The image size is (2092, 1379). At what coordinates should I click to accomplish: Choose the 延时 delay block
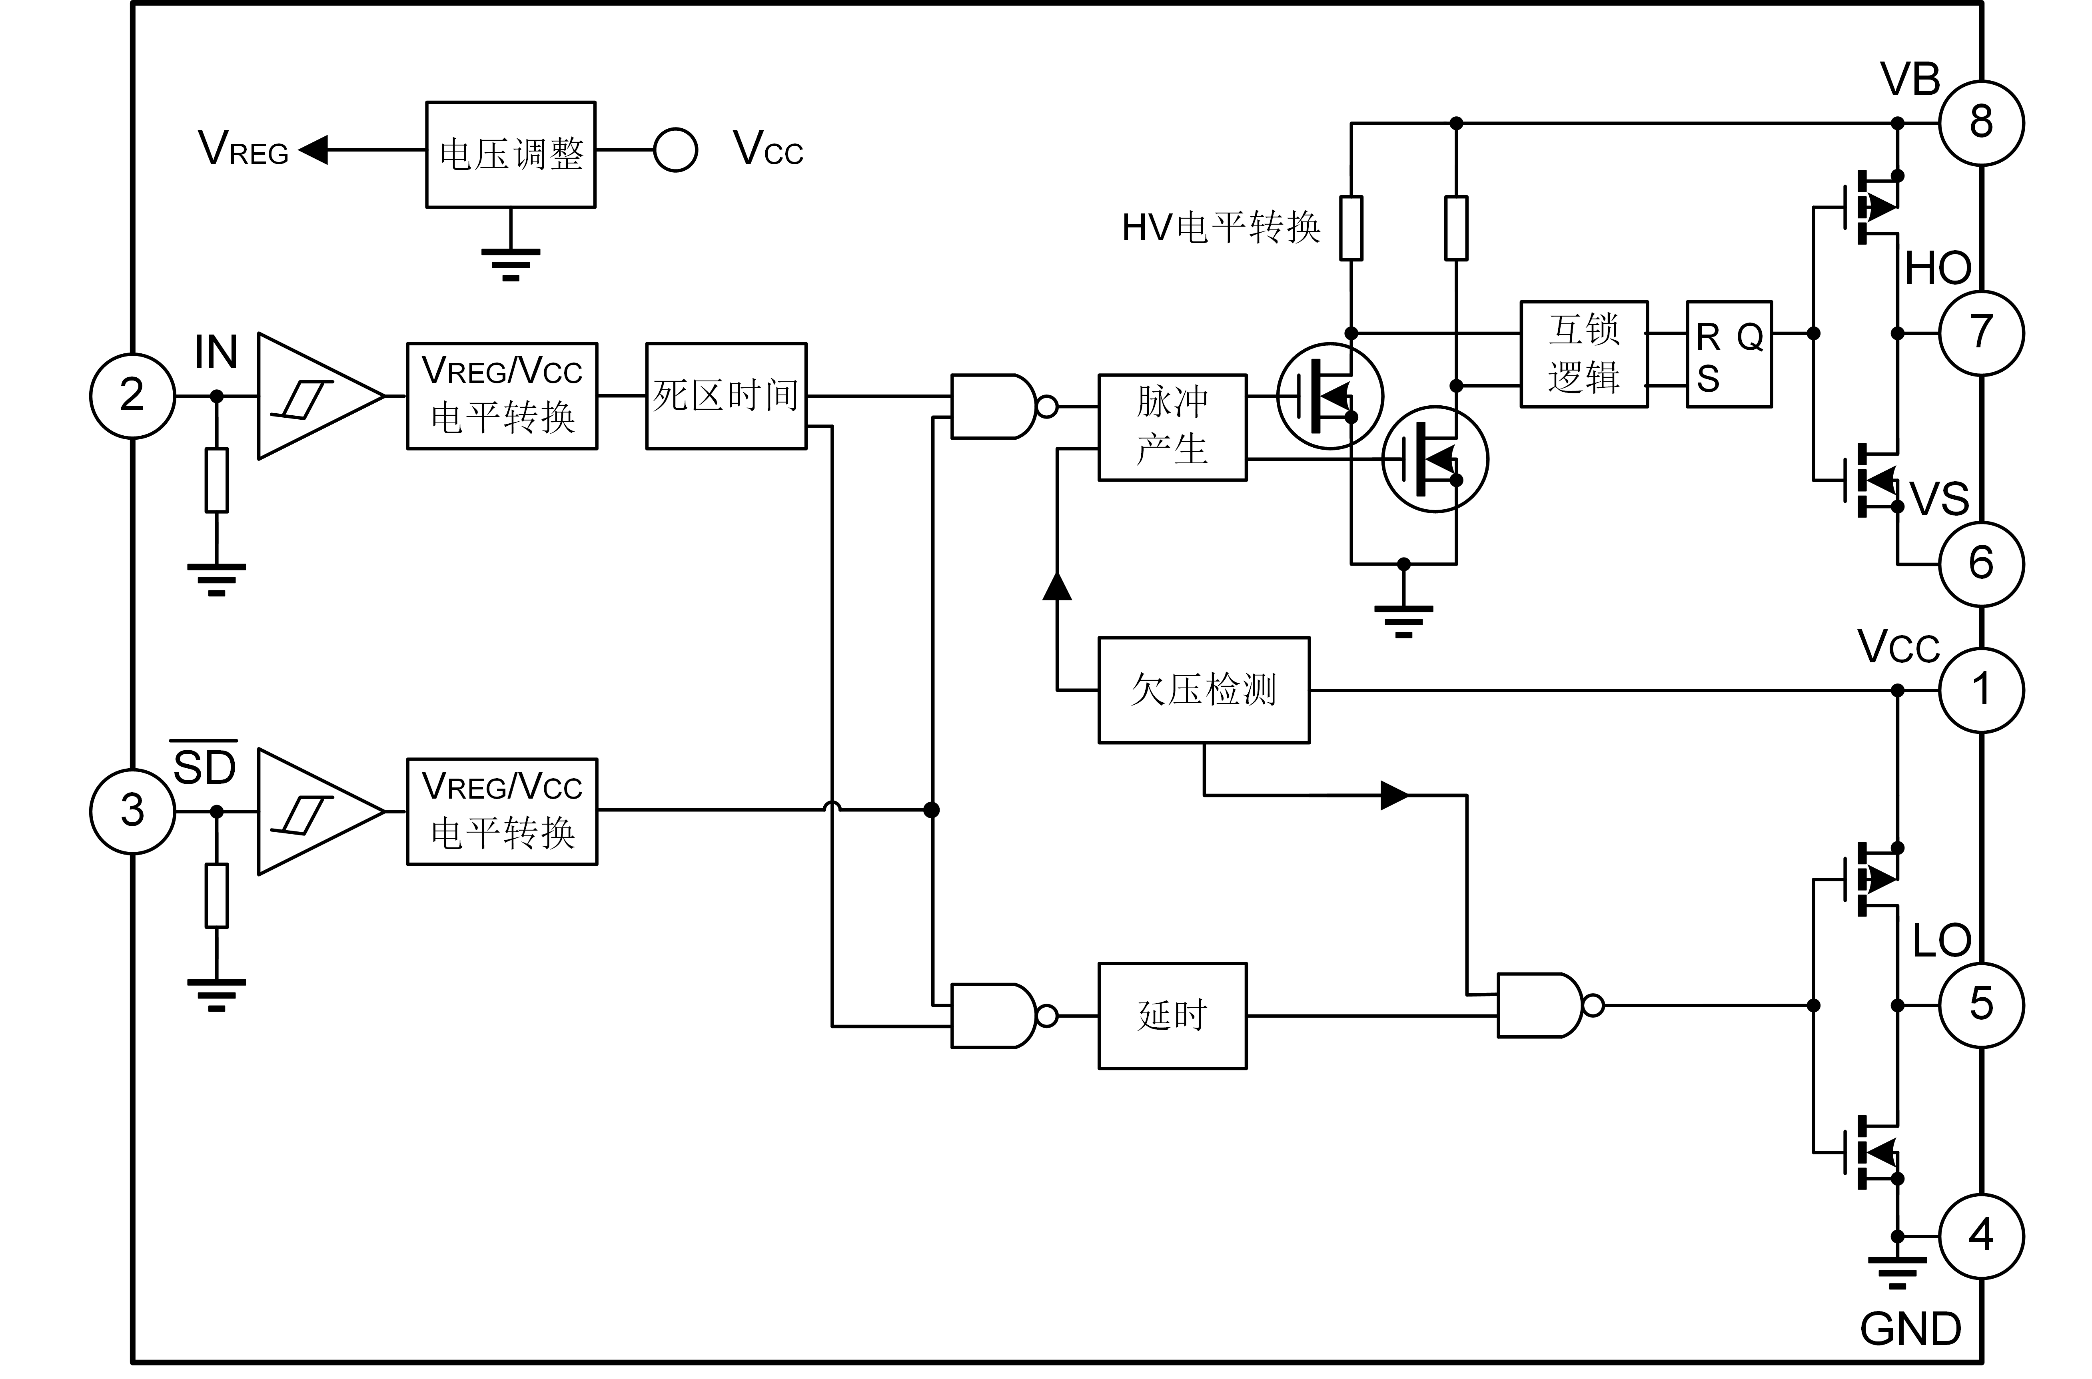tap(1173, 1016)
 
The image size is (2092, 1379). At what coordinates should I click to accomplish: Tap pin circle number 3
tap(133, 810)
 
